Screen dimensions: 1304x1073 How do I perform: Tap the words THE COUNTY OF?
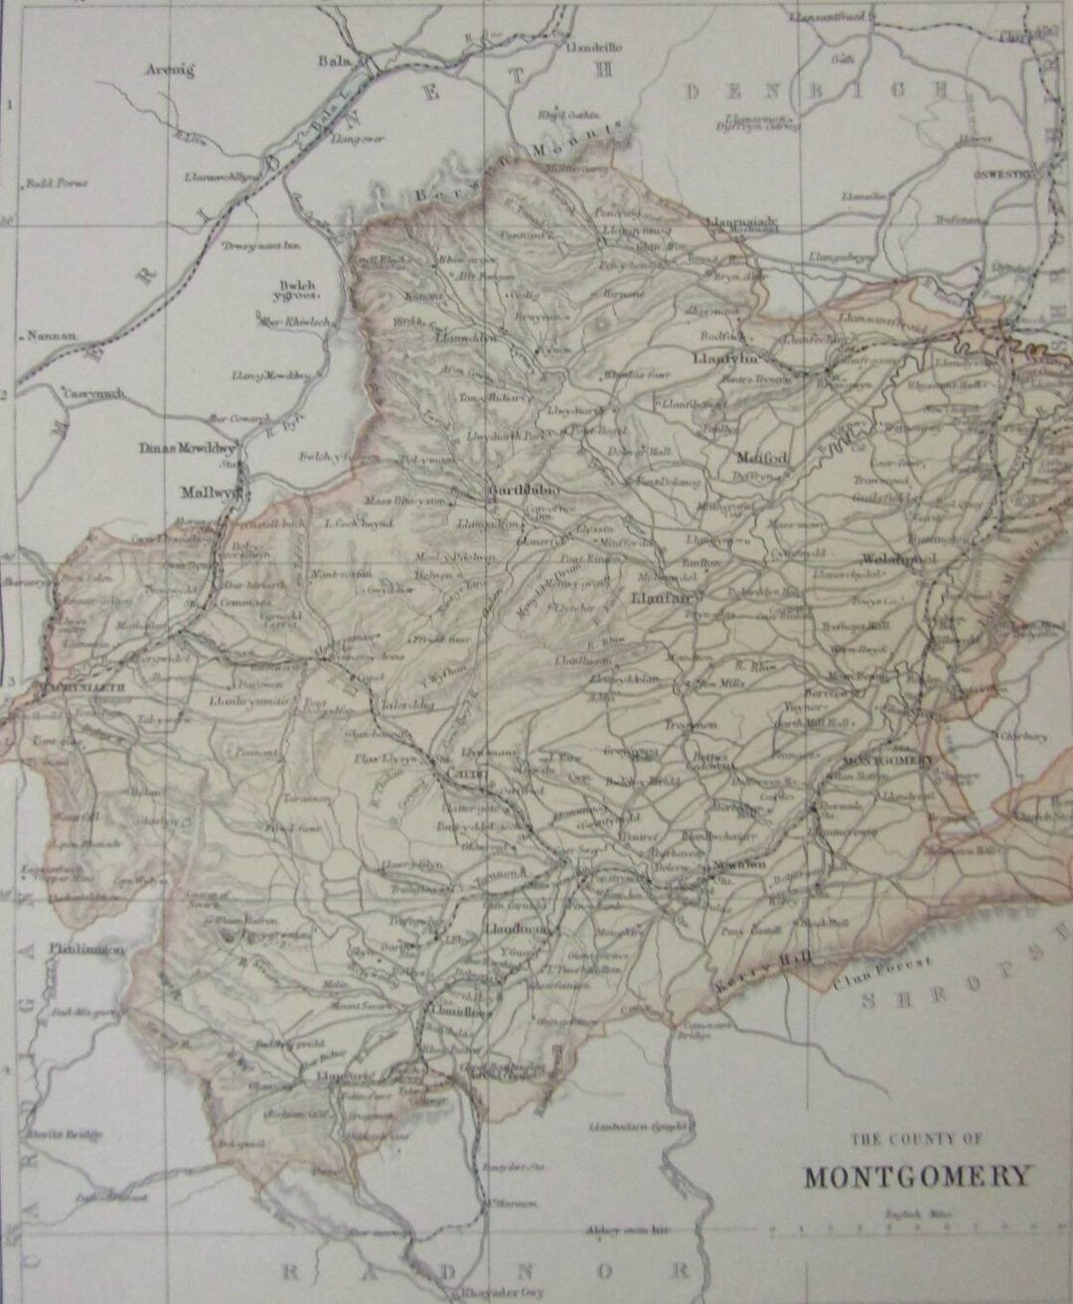[915, 1139]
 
